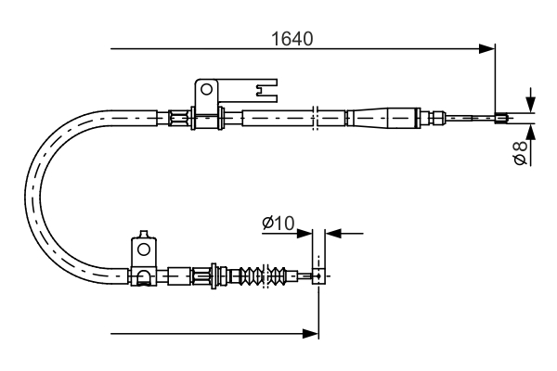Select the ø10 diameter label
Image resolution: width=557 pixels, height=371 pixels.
tap(278, 223)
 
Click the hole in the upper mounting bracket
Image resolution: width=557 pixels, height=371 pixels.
tap(206, 91)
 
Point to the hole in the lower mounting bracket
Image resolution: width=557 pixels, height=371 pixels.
tap(144, 249)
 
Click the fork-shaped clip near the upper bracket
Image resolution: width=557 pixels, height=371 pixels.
tap(266, 91)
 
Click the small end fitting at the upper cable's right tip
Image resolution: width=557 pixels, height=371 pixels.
tap(502, 117)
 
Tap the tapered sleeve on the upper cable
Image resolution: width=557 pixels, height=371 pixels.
tap(381, 118)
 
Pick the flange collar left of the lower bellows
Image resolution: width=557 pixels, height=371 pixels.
tap(217, 275)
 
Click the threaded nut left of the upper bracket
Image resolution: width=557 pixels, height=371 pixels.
tap(175, 117)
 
